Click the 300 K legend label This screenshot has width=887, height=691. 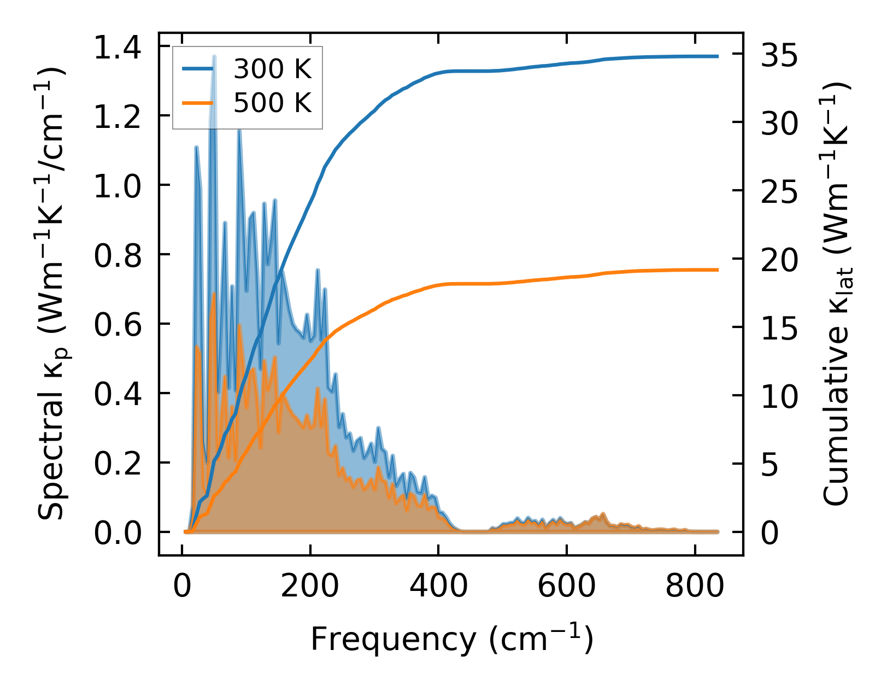pos(272,69)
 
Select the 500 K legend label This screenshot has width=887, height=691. pos(272,102)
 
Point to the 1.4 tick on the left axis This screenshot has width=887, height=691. pos(118,47)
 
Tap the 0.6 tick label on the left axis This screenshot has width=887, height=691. pos(118,324)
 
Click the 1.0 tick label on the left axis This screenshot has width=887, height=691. pos(118,186)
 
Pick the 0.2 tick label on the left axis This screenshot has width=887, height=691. pos(118,463)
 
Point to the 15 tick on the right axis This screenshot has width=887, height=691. pos(779,327)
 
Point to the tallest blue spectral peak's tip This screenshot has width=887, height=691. pos(214,56)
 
